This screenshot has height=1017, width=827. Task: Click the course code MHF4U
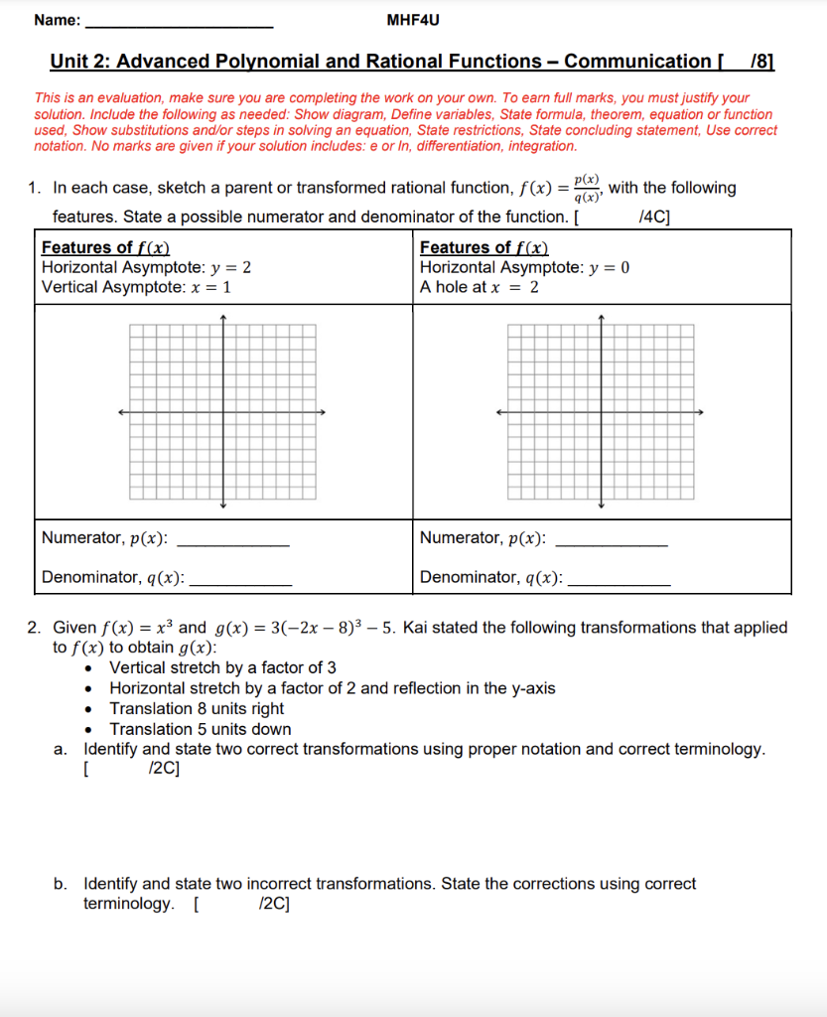click(x=411, y=20)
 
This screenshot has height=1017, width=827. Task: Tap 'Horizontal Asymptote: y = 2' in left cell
click(x=146, y=267)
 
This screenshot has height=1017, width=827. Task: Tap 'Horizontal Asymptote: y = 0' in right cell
click(x=524, y=267)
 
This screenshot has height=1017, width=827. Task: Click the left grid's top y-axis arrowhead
click(x=223, y=319)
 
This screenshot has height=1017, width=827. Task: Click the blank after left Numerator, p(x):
click(x=231, y=540)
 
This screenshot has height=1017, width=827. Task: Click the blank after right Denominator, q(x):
click(x=617, y=579)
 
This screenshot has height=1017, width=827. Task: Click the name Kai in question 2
click(x=415, y=628)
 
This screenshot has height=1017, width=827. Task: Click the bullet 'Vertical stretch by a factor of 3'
click(x=222, y=667)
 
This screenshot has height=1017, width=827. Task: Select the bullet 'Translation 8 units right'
click(x=197, y=708)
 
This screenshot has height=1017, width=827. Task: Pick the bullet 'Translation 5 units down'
click(x=201, y=729)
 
